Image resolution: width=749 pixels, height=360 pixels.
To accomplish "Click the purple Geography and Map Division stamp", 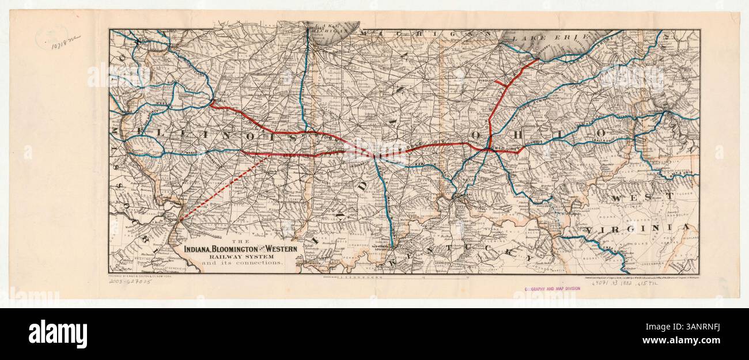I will (x=552, y=288).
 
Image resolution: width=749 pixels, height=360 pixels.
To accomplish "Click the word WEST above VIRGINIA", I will (x=642, y=197).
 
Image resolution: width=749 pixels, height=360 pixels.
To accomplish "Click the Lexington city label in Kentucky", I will (x=442, y=262).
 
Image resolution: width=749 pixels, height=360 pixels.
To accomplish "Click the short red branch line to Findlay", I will (x=500, y=84).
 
